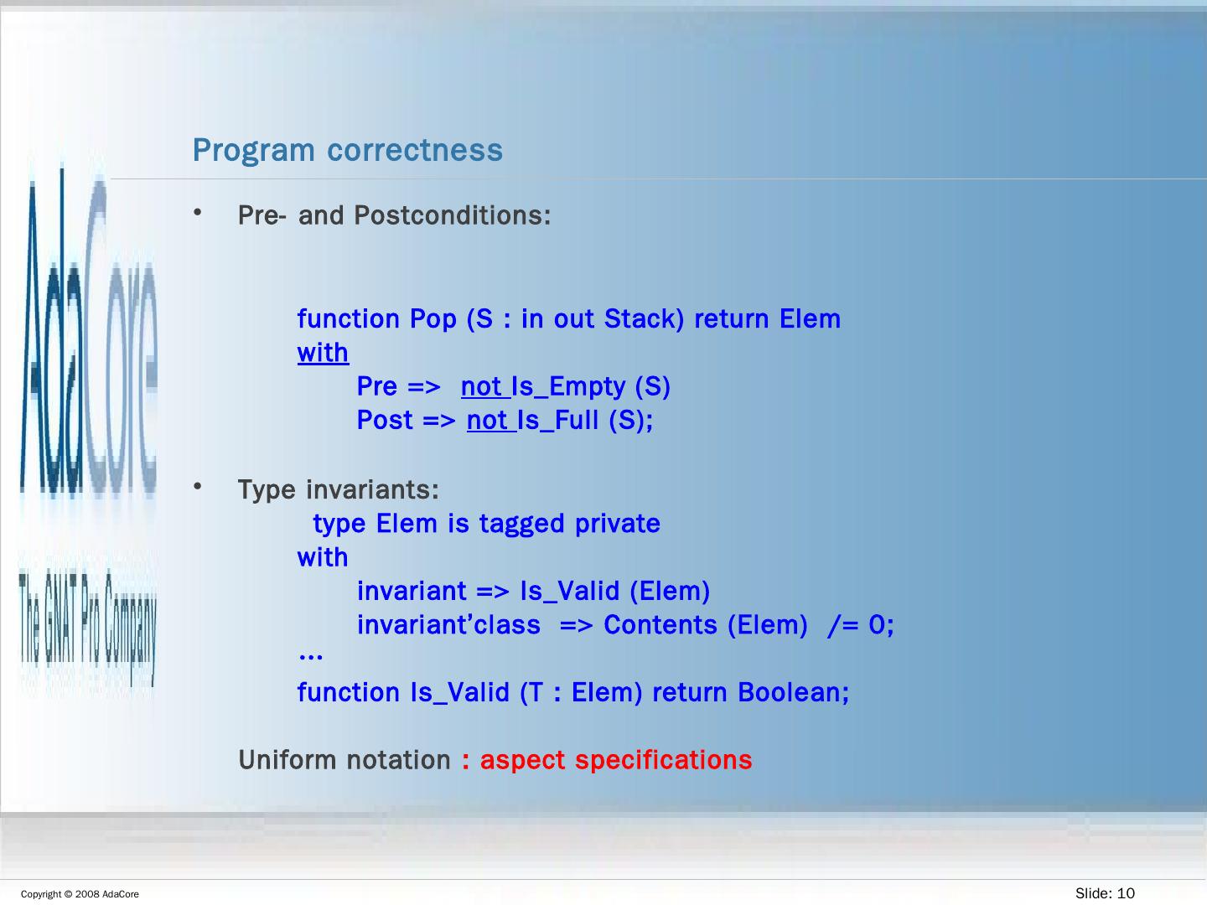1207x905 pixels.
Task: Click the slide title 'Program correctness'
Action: [348, 150]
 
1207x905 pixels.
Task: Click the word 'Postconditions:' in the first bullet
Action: [452, 215]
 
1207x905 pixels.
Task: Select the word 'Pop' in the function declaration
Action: [433, 319]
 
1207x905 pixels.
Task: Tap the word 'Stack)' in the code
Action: [644, 318]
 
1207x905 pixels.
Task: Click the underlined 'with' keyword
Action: [323, 352]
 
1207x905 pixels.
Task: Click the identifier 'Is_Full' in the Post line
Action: [557, 421]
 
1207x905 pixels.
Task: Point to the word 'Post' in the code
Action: [385, 421]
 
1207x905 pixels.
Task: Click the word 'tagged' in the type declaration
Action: [522, 524]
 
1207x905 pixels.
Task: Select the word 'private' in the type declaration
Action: [618, 524]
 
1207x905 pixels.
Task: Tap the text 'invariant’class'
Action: [448, 625]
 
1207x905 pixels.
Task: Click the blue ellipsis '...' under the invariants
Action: [310, 655]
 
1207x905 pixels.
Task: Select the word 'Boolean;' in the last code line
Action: [793, 692]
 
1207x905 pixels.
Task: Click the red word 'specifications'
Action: [663, 761]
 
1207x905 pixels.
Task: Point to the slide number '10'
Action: [1127, 893]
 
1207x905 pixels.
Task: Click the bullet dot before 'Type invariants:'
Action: [198, 486]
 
